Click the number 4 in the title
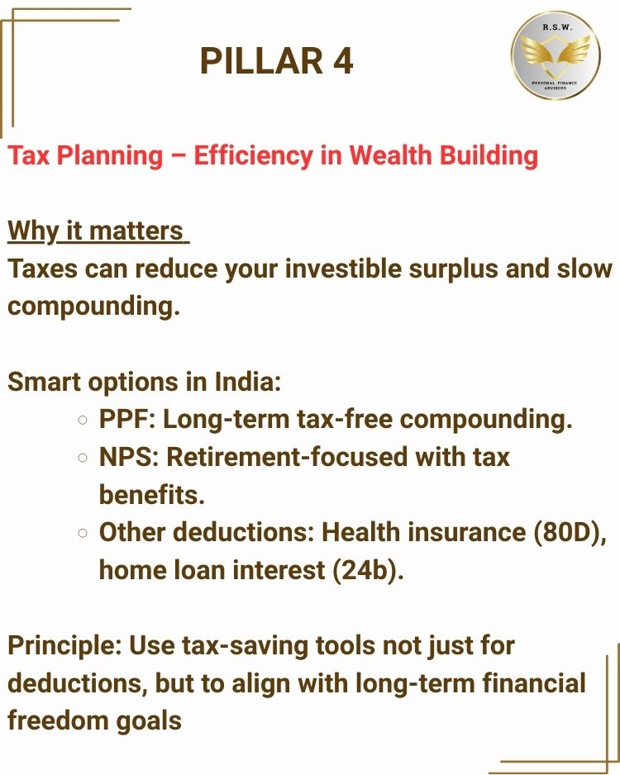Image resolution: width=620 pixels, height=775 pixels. point(342,61)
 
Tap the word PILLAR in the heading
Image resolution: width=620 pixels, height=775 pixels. point(261,61)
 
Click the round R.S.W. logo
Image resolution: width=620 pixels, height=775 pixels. point(556,55)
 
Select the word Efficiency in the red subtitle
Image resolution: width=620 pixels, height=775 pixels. point(253,155)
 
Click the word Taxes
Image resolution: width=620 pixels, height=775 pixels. point(42,269)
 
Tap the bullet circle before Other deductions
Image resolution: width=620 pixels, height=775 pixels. point(83,533)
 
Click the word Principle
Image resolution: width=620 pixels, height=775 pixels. point(64,647)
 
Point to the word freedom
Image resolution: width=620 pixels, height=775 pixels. point(58,720)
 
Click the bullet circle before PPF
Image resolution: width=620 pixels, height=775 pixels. point(83,420)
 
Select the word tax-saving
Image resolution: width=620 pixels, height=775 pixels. point(245,647)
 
